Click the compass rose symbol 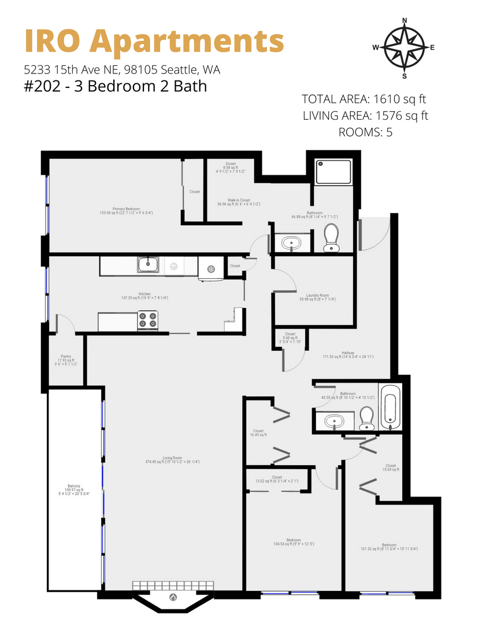point(404,48)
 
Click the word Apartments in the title point(188,42)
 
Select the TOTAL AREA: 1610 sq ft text point(365,99)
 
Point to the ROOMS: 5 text point(365,132)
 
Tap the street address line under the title point(121,70)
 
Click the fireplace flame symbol point(172,597)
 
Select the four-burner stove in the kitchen point(147,321)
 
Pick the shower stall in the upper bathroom point(333,172)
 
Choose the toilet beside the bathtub point(366,418)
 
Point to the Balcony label point(73,486)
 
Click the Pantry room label point(65,357)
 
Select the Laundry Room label point(317,296)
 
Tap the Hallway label point(347,353)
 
